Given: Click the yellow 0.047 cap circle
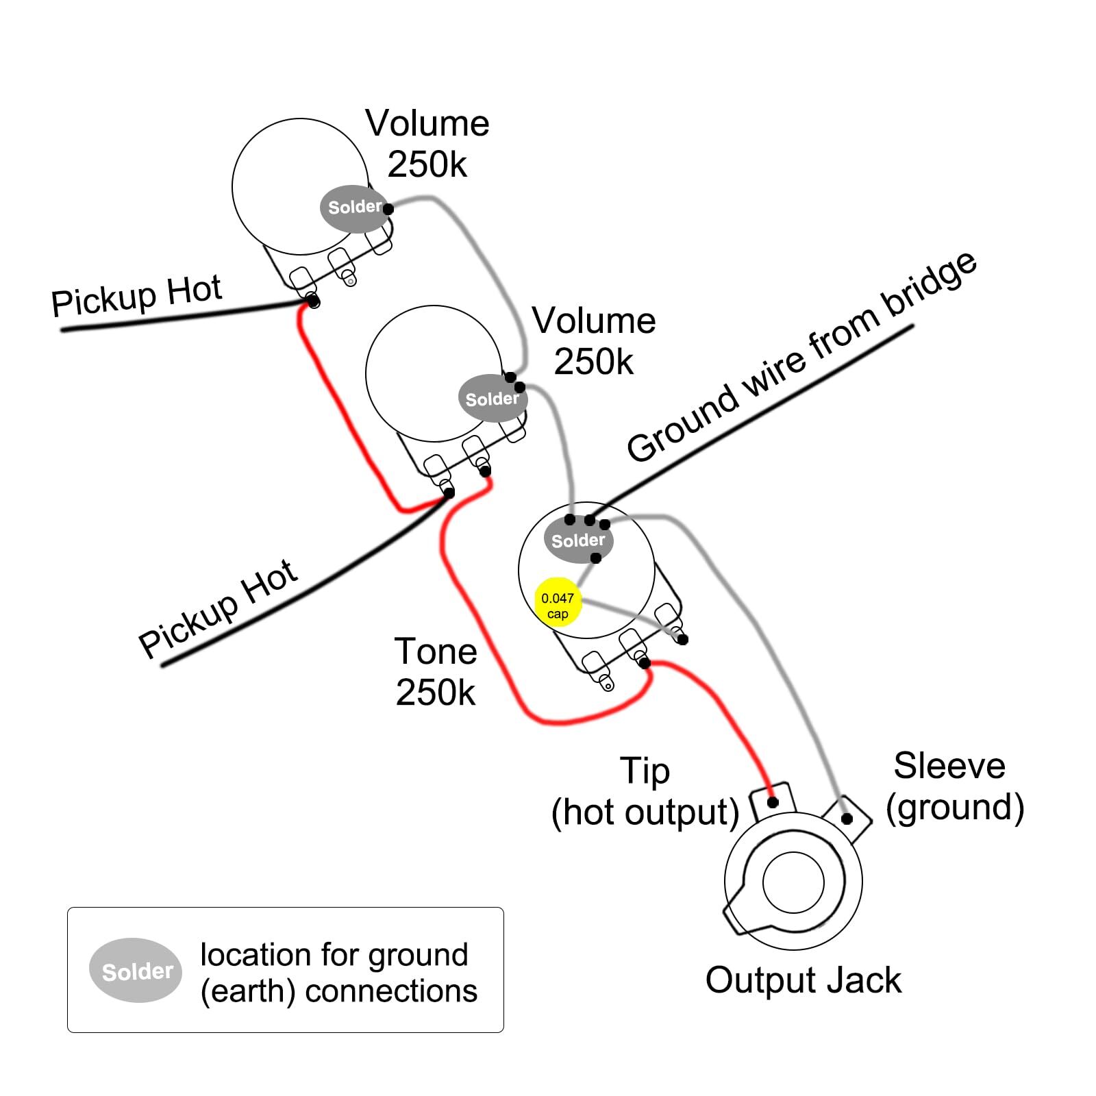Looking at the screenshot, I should [558, 602].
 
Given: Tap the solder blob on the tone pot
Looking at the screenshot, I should [578, 540].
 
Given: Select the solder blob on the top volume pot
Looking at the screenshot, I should [354, 208].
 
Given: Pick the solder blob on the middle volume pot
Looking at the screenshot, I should [492, 399].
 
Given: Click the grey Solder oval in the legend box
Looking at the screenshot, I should [136, 970].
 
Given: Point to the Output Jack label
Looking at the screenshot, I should [803, 980].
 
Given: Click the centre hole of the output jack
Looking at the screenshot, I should [793, 882].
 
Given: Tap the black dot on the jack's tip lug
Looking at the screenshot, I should [773, 802].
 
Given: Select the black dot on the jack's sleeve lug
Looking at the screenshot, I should [847, 819].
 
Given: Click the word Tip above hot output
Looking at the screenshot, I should [644, 771].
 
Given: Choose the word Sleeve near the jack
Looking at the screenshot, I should [949, 765].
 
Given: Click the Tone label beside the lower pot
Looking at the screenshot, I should [436, 651].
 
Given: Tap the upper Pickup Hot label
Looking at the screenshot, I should [136, 295].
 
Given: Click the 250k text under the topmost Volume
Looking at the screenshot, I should [427, 164].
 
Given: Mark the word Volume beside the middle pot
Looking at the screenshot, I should [593, 321].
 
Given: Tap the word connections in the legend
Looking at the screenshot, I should [390, 991].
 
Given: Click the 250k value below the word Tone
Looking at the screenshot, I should [435, 693].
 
